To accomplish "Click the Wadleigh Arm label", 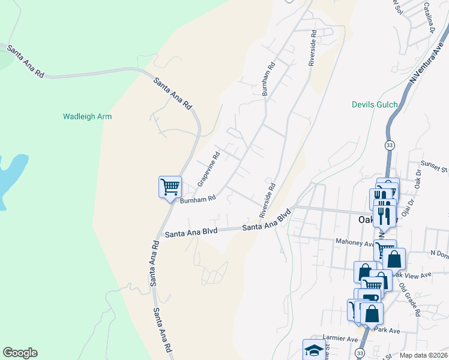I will point(88,116).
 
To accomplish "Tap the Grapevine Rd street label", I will point(209,169).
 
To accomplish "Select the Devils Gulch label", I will point(375,105).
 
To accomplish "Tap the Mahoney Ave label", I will point(354,244).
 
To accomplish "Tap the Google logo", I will point(20,353).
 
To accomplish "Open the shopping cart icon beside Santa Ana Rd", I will point(170,187).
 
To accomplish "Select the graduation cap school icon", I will point(314,349).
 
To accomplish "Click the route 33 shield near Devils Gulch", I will point(390,146).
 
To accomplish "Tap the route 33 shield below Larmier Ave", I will point(360,352).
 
